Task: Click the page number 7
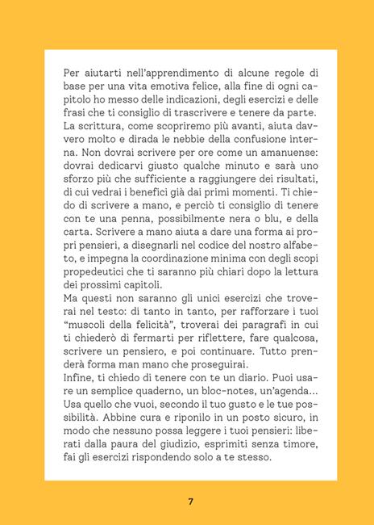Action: click(x=190, y=501)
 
